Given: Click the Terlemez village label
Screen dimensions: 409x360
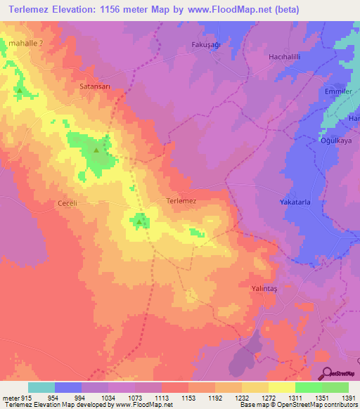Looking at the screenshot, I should coord(181,200).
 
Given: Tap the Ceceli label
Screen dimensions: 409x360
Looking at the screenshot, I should coord(67,204).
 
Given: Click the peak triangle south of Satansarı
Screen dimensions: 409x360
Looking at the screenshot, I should coord(97,150).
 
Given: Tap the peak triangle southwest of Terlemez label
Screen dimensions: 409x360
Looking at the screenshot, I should coord(139,223).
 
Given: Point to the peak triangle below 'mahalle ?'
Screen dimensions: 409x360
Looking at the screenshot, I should coord(20,90).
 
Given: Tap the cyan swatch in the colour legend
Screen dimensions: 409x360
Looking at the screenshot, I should coord(41,387).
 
